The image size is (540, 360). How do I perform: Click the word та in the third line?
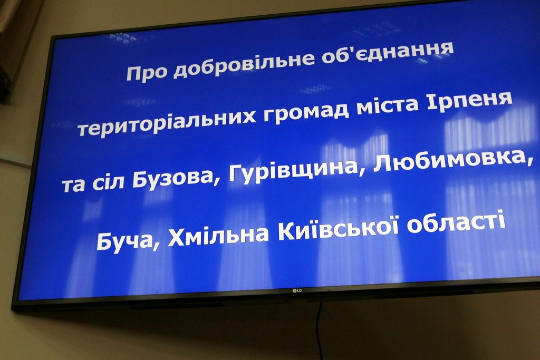pos(73,185)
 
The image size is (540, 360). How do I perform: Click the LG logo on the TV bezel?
pos(297,291)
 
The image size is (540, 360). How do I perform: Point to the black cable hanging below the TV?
pos(320,331)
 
